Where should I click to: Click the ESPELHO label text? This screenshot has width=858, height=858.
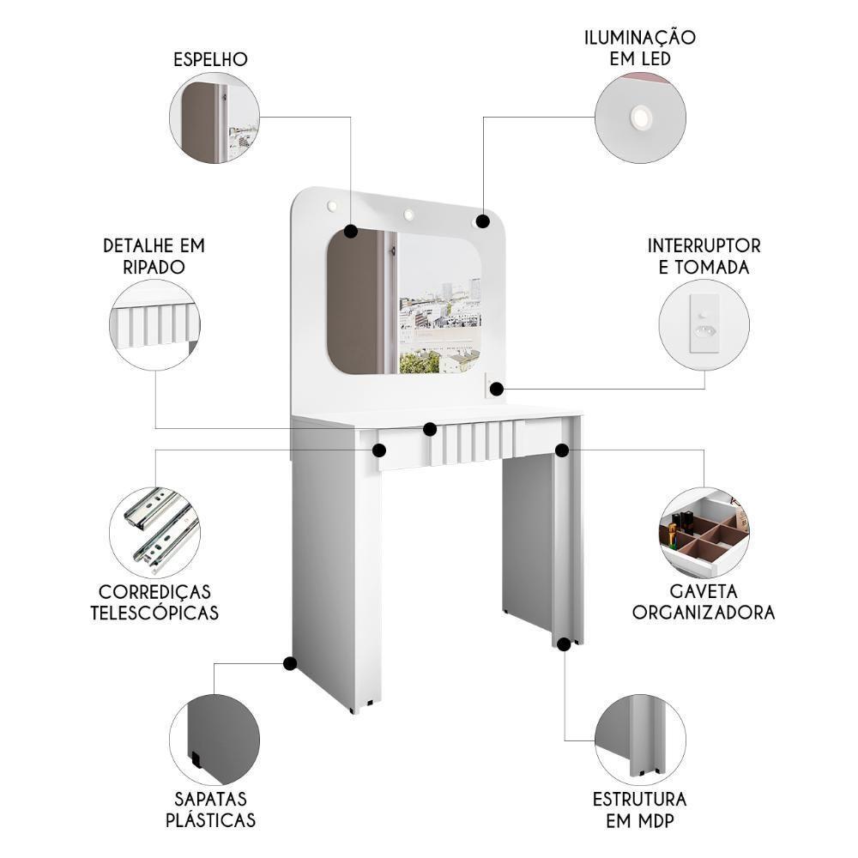pyautogui.click(x=210, y=59)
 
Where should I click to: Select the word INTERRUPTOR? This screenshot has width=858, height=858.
pyautogui.click(x=704, y=246)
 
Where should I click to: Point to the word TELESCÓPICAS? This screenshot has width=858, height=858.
pyautogui.click(x=154, y=613)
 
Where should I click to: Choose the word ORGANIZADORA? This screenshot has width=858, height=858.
pyautogui.click(x=704, y=612)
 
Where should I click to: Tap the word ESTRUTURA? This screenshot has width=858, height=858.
pyautogui.click(x=640, y=799)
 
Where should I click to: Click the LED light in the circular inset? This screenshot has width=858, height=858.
pyautogui.click(x=640, y=118)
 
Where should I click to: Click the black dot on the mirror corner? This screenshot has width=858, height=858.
pyautogui.click(x=351, y=231)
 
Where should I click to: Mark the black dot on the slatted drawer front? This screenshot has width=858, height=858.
pyautogui.click(x=430, y=429)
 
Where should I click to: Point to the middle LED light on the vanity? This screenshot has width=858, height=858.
pyautogui.click(x=409, y=214)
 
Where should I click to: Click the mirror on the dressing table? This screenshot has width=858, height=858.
pyautogui.click(x=403, y=305)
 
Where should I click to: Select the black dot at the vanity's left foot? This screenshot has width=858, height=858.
pyautogui.click(x=290, y=663)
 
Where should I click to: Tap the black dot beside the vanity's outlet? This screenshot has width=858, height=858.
pyautogui.click(x=496, y=390)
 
